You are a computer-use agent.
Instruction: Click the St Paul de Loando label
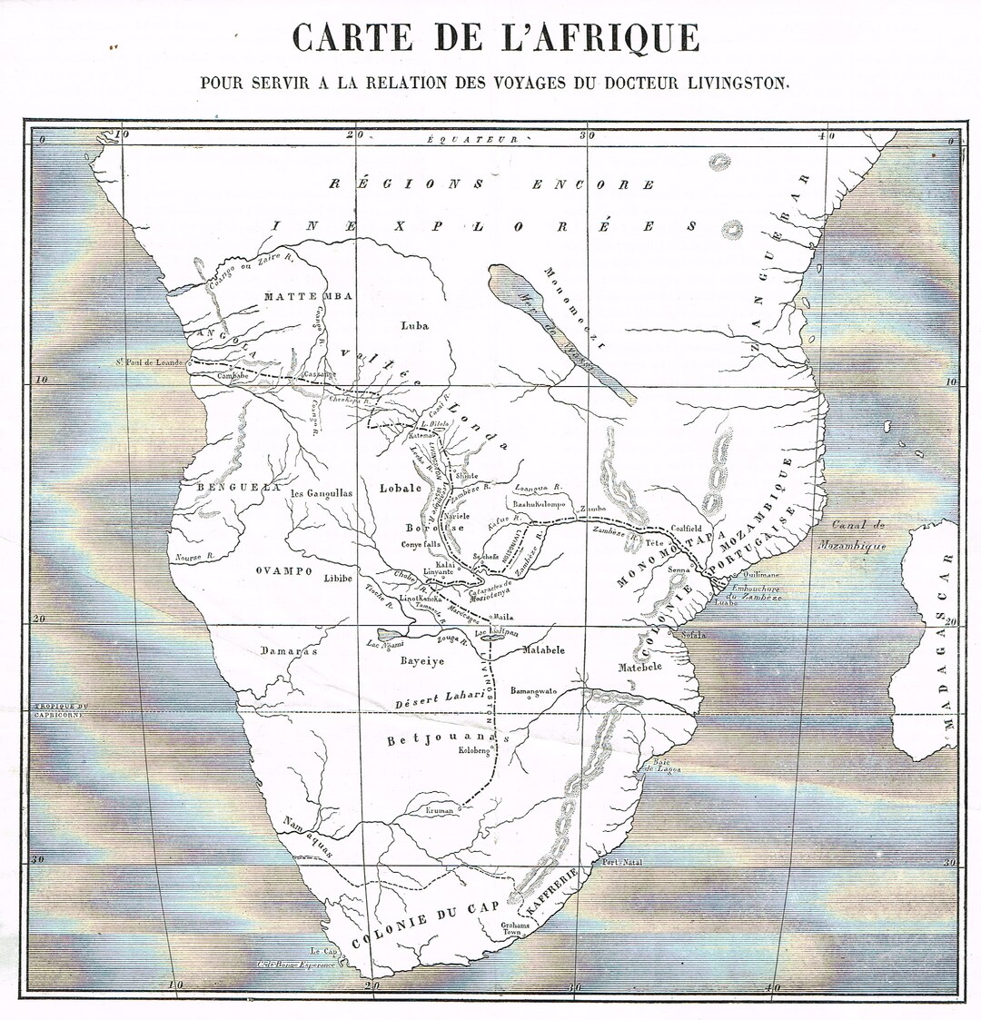tap(149, 361)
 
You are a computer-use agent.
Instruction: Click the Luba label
tap(414, 324)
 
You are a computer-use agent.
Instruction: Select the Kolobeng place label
tap(473, 751)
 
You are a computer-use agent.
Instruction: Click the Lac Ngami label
tap(382, 645)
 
